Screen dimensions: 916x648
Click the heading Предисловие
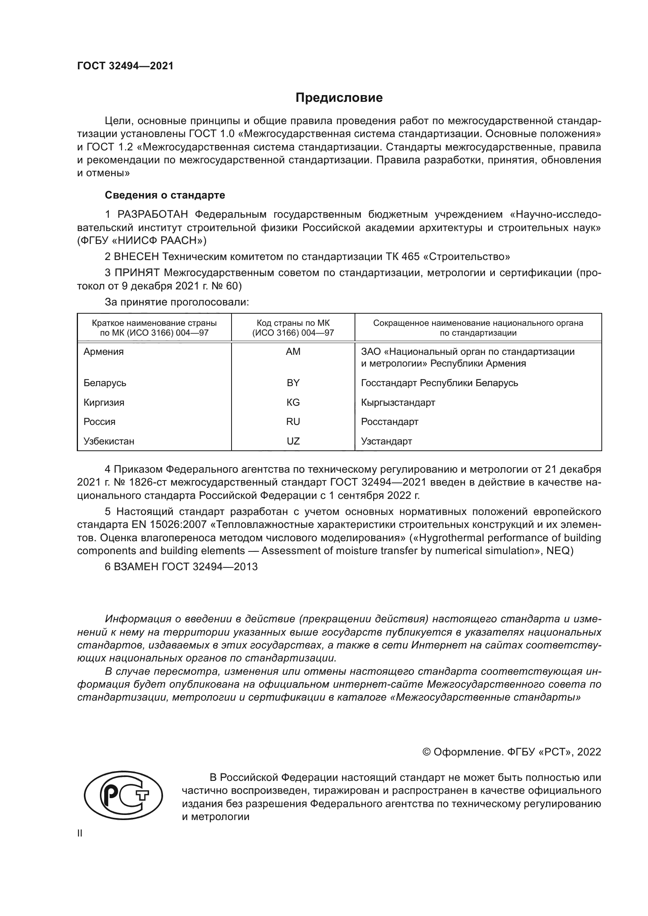point(339,98)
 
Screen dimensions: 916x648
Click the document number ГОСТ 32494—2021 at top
point(125,66)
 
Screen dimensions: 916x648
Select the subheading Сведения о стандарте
point(165,195)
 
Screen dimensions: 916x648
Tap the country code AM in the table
point(293,351)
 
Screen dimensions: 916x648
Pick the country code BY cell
point(293,383)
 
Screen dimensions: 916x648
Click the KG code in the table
point(293,402)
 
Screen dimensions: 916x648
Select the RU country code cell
point(293,422)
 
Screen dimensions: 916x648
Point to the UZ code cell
point(293,441)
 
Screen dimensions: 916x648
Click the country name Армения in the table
point(104,351)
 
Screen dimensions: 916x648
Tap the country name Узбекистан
point(109,441)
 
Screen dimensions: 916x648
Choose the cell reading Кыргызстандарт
point(398,402)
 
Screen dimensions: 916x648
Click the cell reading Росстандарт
point(389,422)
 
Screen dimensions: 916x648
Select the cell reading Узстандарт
point(386,441)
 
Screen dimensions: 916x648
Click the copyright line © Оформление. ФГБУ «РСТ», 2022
point(511,752)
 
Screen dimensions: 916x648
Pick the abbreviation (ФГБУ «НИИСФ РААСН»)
point(142,240)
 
